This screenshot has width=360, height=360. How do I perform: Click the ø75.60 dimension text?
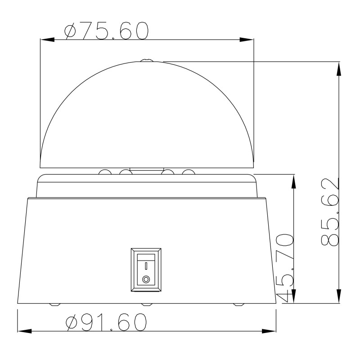(x=106, y=31)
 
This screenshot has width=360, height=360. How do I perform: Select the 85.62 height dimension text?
(x=330, y=211)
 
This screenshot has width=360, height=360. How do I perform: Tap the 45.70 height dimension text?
(x=285, y=268)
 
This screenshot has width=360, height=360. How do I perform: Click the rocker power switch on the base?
(x=146, y=270)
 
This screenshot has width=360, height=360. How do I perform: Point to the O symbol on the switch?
(x=146, y=279)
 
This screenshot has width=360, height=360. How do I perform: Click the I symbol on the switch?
(x=146, y=266)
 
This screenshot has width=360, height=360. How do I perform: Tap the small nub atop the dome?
(x=147, y=60)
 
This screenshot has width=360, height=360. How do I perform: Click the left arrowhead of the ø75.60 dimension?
(x=47, y=40)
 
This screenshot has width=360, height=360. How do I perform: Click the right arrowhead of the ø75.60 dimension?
(x=247, y=40)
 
